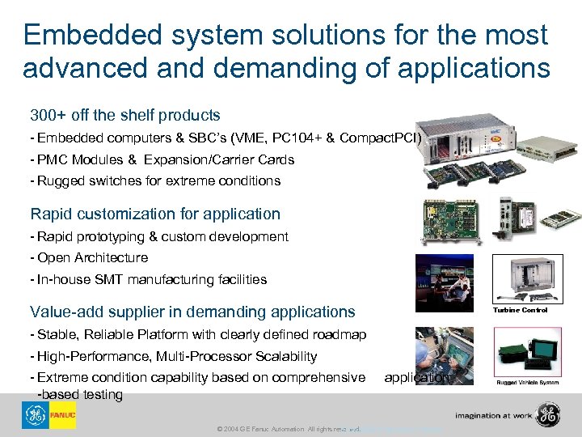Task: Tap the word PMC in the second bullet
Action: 50,159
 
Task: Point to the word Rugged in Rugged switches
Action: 57,180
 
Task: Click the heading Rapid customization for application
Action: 155,214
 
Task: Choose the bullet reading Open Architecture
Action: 92,257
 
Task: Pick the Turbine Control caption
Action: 521,310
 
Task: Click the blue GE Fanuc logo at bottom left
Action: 48,415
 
